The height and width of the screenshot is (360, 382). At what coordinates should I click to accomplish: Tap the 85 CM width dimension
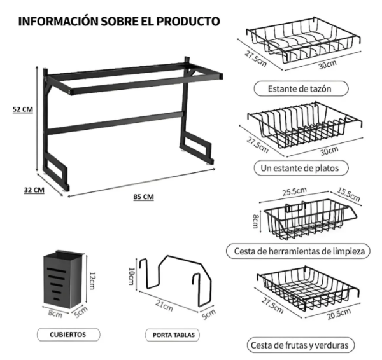coord(143,197)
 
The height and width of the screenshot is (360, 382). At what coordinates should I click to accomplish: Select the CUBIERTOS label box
coord(67,333)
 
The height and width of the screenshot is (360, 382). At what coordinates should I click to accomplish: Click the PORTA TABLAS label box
coord(174,334)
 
